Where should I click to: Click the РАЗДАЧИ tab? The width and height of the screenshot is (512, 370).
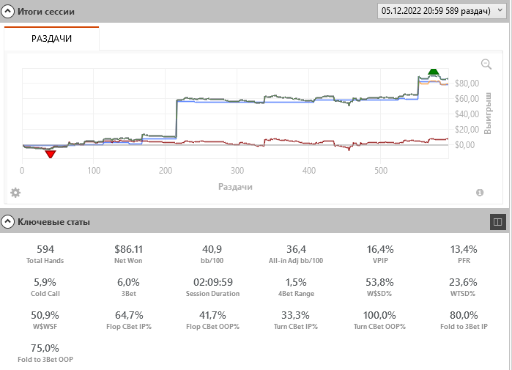tap(51, 38)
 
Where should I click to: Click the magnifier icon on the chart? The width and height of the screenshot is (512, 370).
tap(486, 64)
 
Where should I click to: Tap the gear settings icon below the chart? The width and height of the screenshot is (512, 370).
tap(15, 193)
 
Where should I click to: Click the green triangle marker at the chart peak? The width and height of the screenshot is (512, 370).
tap(433, 72)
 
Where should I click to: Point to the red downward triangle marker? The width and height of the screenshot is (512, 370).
tap(50, 153)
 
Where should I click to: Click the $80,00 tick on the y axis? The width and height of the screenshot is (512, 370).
tap(468, 83)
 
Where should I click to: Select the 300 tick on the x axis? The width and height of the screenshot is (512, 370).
tap(237, 171)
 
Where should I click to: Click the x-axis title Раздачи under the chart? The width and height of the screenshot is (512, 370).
tap(235, 187)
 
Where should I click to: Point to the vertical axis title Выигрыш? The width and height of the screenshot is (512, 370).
tap(488, 113)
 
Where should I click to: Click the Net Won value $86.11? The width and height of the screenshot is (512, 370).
tap(129, 249)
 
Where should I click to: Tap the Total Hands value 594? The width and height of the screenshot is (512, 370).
tap(45, 249)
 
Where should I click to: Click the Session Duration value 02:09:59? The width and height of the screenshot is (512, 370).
tap(212, 281)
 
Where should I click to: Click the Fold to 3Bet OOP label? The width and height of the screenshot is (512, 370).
tap(45, 359)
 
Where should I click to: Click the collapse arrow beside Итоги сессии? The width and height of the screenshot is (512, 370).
tap(9, 12)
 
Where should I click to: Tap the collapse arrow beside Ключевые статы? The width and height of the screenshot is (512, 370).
tap(9, 221)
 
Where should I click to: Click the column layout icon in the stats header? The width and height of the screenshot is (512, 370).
tap(497, 221)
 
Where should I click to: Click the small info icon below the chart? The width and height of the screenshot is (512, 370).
tap(480, 193)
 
